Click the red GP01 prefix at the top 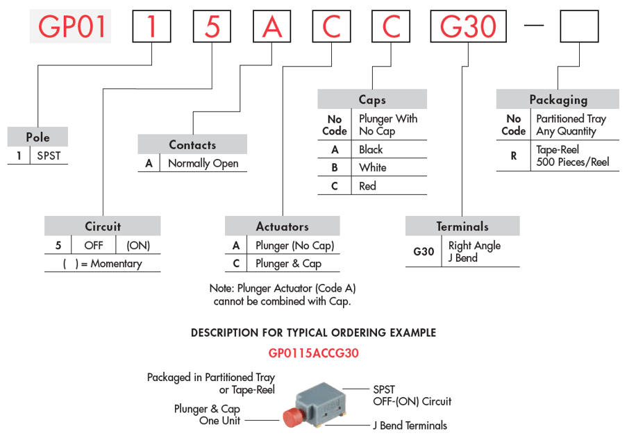tap(71, 26)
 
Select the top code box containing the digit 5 tap(212, 26)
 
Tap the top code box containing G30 tap(469, 26)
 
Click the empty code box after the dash tap(579, 26)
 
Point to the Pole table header tap(37, 137)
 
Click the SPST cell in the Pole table tap(49, 155)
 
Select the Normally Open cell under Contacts tap(203, 163)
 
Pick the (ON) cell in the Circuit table tap(138, 245)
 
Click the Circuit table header tap(103, 226)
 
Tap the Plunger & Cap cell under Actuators tap(288, 264)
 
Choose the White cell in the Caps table tap(373, 167)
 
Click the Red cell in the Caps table tap(367, 186)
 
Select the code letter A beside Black tap(335, 150)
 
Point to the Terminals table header tap(462, 226)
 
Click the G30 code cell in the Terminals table tap(424, 252)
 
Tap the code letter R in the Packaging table tap(514, 156)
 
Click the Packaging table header tap(558, 99)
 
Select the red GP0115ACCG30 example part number tap(314, 353)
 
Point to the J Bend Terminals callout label tap(410, 426)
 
